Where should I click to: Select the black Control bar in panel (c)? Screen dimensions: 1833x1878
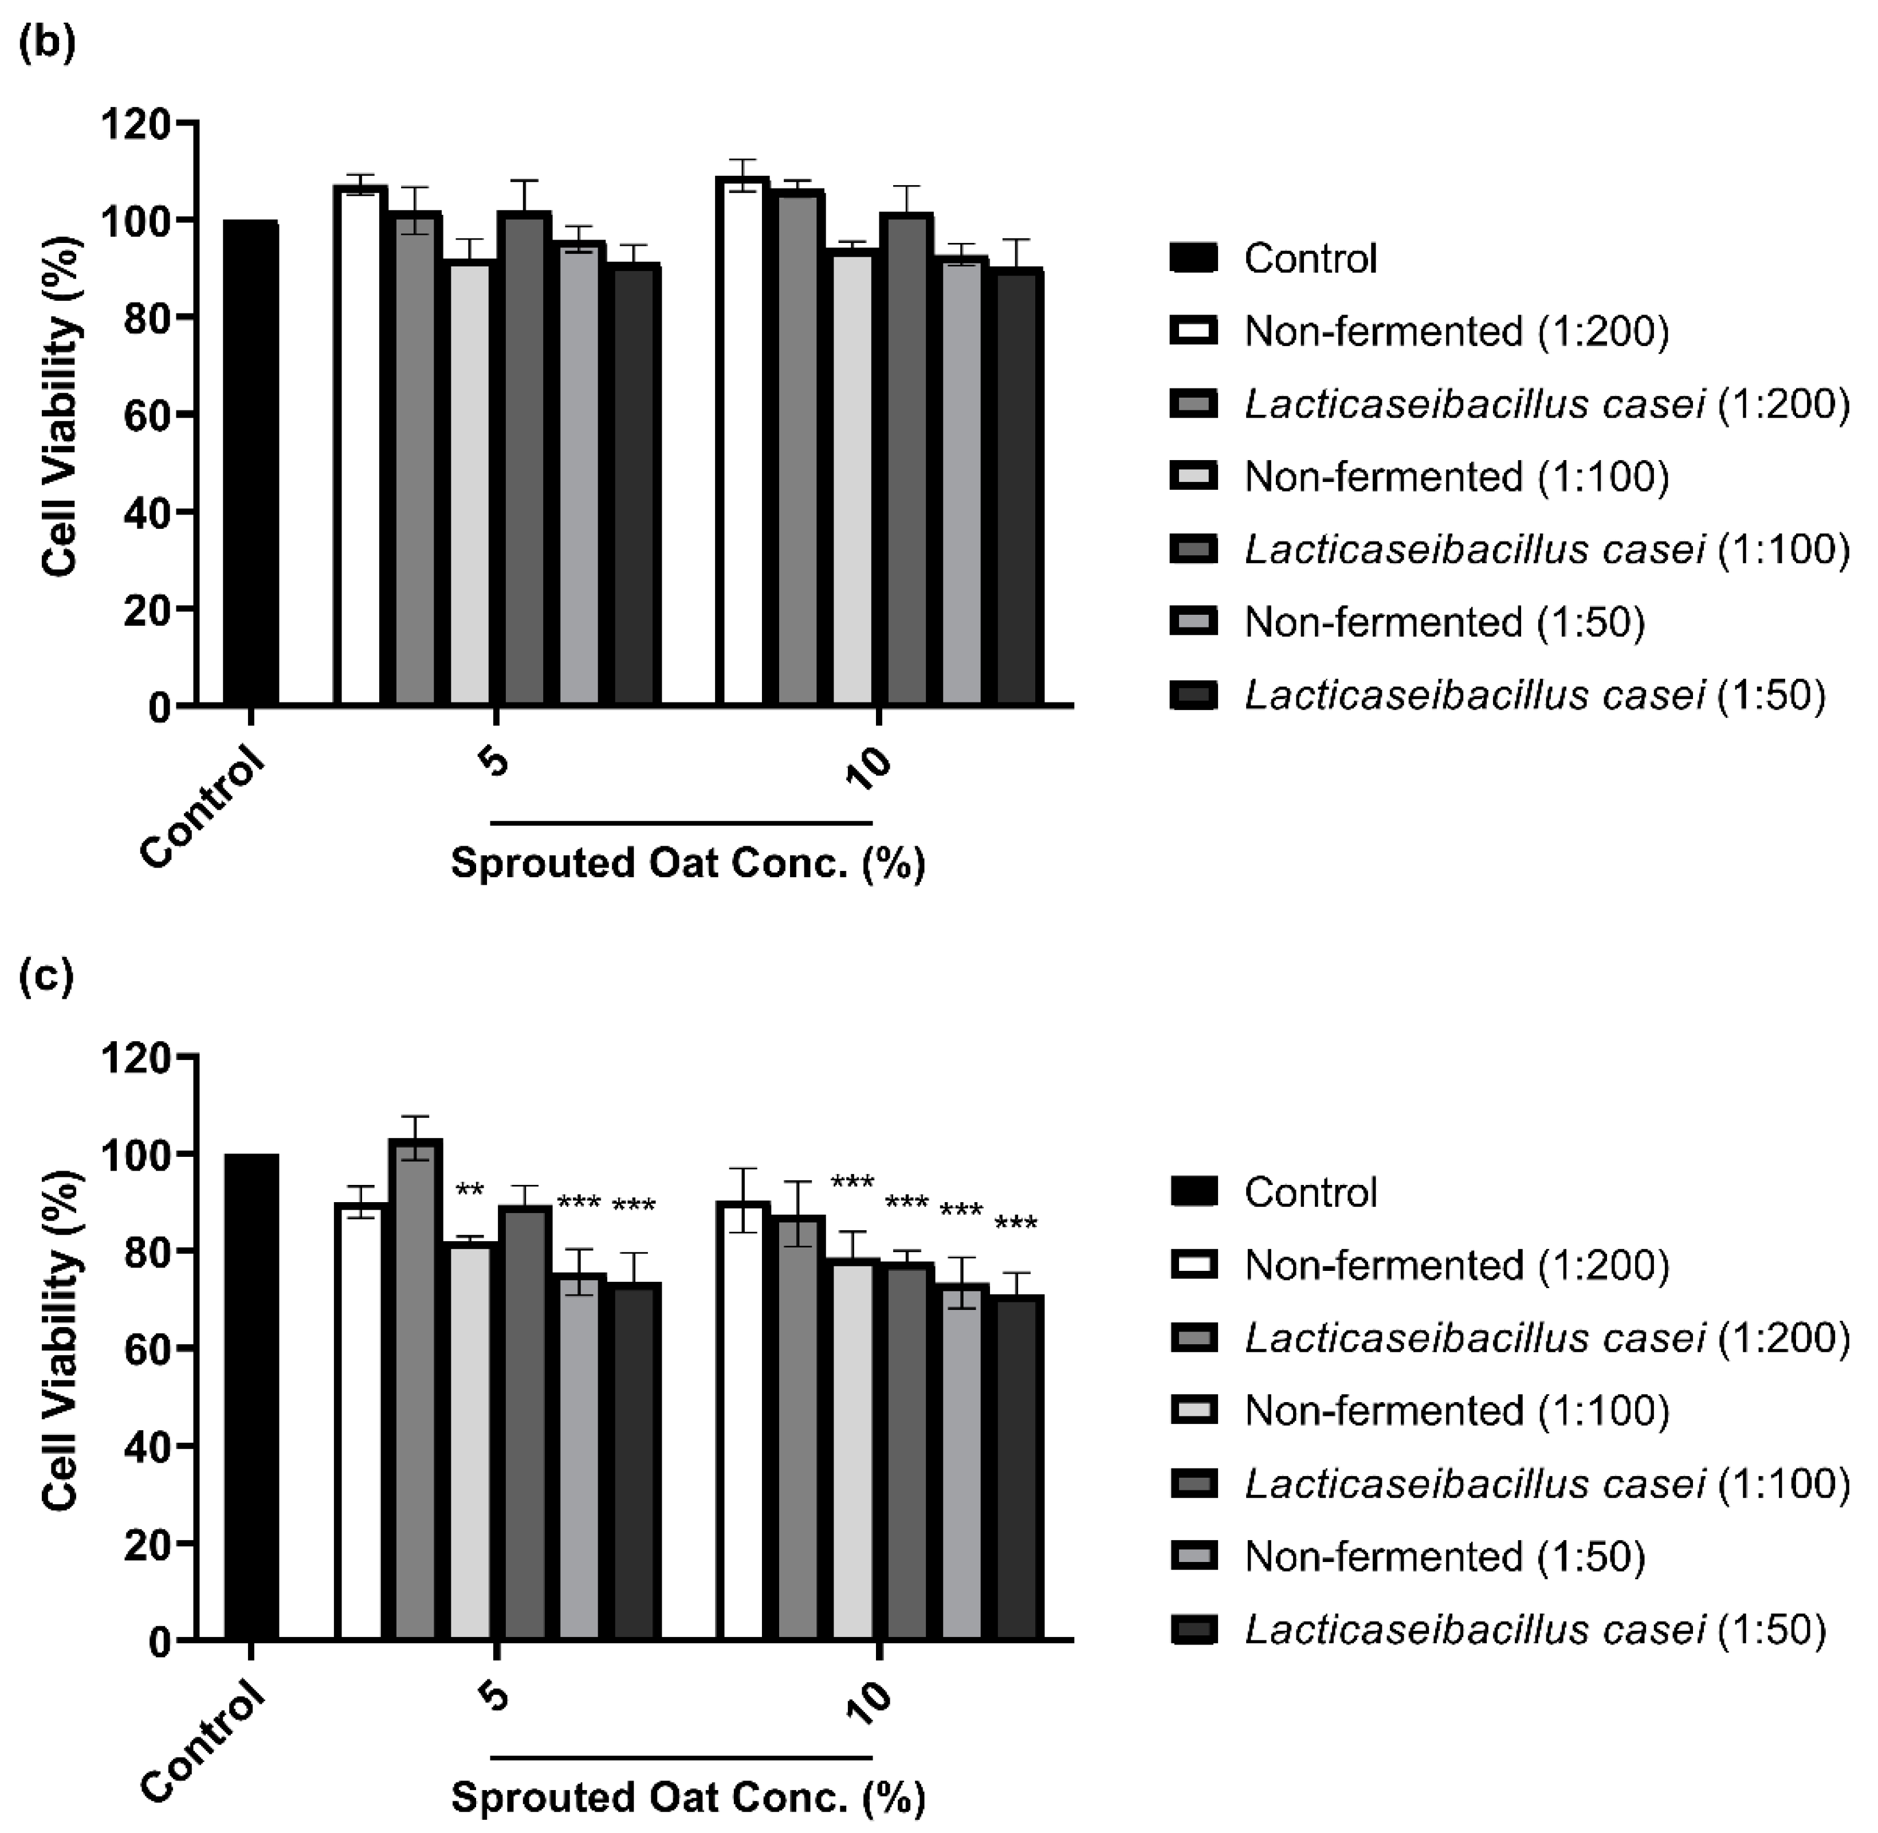coord(250,1396)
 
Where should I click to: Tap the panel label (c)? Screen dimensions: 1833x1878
coord(45,977)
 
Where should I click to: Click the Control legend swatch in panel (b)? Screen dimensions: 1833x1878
coord(1193,258)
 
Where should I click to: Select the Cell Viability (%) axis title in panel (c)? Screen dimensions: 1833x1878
coord(60,1340)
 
